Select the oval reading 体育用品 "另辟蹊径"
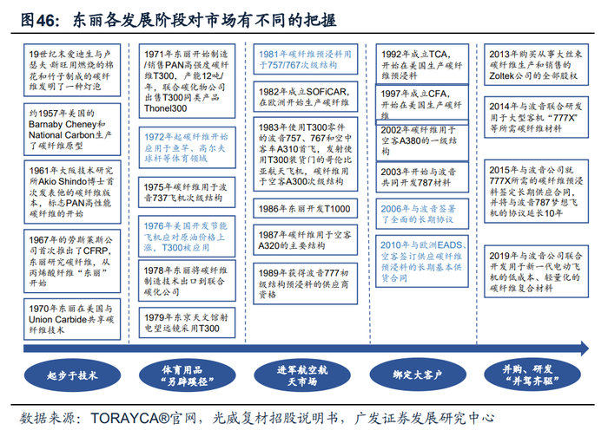pyautogui.click(x=188, y=375)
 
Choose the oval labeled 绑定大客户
pyautogui.click(x=418, y=375)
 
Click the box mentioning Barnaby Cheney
pyautogui.click(x=71, y=130)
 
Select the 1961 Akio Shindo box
pyautogui.click(x=71, y=188)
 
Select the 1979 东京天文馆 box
pyautogui.click(x=186, y=322)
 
